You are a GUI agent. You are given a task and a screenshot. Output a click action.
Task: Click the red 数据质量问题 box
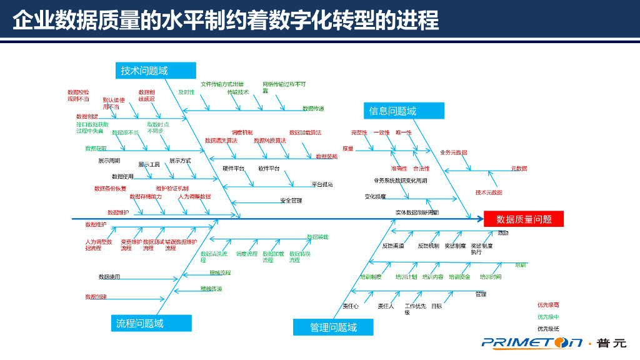(x=524, y=219)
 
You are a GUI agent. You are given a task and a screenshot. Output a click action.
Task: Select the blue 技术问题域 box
(x=156, y=71)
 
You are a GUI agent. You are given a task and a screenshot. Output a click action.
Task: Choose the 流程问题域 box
(x=152, y=323)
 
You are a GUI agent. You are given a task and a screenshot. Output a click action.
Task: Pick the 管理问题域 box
(x=333, y=327)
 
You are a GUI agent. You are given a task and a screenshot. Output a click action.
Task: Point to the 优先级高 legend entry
(x=548, y=305)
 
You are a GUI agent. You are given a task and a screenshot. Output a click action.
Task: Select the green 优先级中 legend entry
(x=548, y=317)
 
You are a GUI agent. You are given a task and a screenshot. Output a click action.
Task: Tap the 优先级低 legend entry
(x=548, y=328)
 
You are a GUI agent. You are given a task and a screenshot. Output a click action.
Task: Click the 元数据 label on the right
(x=519, y=168)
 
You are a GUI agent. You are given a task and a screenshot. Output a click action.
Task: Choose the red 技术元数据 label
(x=489, y=192)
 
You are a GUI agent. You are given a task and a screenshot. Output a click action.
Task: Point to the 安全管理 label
(x=291, y=201)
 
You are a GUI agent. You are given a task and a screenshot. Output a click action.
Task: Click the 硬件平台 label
(x=234, y=169)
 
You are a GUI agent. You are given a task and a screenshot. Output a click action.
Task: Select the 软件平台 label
(x=269, y=169)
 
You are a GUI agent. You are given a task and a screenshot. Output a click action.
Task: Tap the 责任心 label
(x=350, y=306)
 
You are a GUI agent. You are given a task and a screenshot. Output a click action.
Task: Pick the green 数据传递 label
(x=313, y=108)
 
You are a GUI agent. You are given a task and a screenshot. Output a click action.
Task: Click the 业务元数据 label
(x=453, y=152)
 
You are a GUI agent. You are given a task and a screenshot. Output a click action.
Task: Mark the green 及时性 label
(x=186, y=92)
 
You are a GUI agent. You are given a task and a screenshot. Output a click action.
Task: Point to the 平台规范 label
(x=322, y=184)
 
